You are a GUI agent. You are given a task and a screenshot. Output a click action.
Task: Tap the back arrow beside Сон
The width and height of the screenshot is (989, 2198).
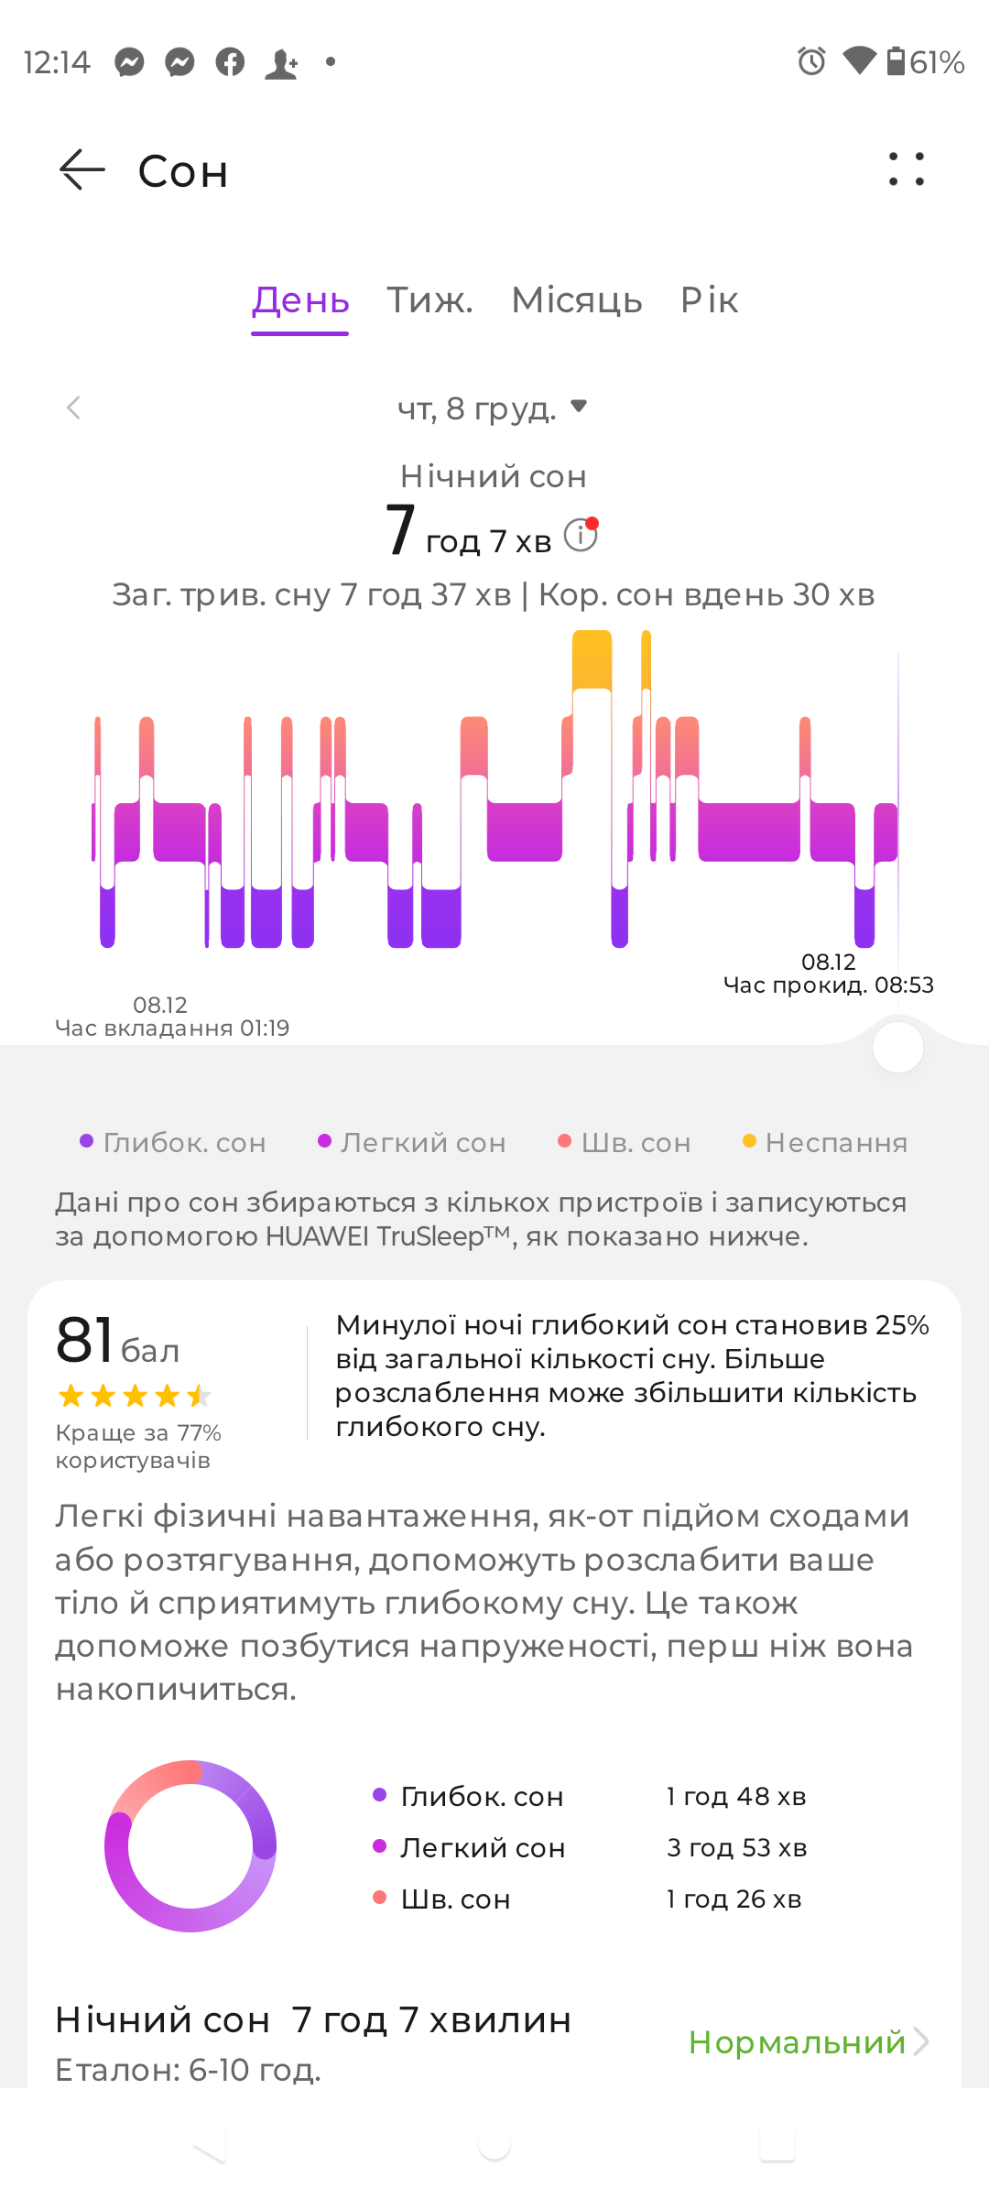click(x=82, y=170)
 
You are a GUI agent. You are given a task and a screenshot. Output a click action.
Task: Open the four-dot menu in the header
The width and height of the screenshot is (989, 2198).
click(x=907, y=169)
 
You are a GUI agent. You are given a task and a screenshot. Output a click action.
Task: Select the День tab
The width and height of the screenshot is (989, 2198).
click(x=300, y=300)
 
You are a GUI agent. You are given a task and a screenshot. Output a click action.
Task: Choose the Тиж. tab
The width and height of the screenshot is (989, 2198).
click(x=429, y=300)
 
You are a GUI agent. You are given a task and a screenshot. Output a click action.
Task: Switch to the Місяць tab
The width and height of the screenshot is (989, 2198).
click(x=577, y=300)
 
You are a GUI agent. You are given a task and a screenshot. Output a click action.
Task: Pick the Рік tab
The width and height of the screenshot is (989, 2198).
click(x=709, y=300)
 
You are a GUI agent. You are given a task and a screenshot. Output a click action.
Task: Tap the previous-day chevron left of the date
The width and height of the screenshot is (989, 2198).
click(x=74, y=408)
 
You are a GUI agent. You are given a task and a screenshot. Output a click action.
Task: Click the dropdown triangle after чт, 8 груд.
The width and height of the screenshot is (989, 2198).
click(x=579, y=406)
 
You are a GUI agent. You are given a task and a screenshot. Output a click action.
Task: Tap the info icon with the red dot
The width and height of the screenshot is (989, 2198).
click(x=581, y=534)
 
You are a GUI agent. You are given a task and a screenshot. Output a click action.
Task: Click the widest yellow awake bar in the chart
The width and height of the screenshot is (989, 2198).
click(x=592, y=659)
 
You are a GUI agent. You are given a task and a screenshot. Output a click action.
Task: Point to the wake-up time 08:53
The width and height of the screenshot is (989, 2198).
click(x=904, y=985)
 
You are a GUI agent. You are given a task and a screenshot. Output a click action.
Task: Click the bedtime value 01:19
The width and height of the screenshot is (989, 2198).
click(x=265, y=1028)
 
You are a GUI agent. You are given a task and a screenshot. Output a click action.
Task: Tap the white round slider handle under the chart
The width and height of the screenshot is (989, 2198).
click(x=898, y=1048)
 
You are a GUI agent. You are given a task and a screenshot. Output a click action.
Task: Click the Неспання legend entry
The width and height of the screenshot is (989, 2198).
click(x=825, y=1143)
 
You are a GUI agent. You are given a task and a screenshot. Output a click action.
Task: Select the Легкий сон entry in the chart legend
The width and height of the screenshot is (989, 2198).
click(x=412, y=1143)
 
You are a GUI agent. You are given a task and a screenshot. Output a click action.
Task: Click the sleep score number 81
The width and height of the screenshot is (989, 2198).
click(x=84, y=1340)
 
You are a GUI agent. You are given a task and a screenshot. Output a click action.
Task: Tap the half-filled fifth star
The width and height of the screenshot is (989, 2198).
click(x=199, y=1396)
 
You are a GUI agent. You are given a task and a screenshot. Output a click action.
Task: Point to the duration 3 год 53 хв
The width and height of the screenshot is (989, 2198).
click(x=737, y=1848)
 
